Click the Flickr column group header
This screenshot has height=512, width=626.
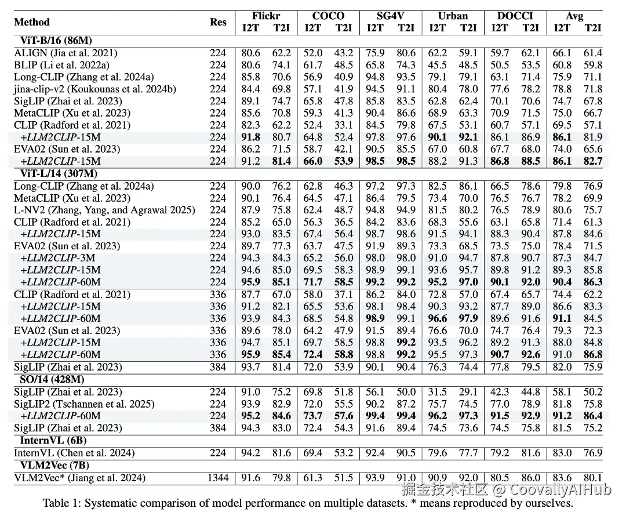click(266, 16)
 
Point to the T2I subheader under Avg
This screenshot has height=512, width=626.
click(593, 27)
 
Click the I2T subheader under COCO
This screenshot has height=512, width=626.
click(313, 27)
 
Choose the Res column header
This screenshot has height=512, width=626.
click(218, 22)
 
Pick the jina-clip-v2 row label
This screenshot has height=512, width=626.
click(94, 89)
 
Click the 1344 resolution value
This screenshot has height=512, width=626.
click(218, 478)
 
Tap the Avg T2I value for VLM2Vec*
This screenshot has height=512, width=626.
click(593, 478)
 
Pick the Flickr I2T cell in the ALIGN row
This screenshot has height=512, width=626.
click(250, 53)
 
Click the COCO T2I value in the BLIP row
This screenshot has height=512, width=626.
click(344, 65)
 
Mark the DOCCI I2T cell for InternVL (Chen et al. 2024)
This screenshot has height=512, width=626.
click(500, 452)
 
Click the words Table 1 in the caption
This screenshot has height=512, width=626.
click(61, 503)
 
